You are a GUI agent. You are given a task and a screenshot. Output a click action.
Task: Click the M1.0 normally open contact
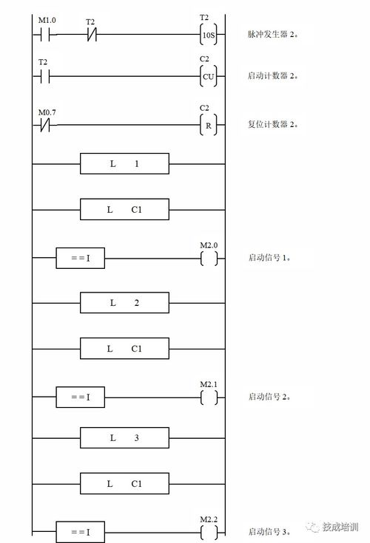tap(45, 35)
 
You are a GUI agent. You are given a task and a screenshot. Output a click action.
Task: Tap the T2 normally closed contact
tap(92, 35)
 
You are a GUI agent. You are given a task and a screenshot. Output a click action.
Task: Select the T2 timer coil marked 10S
tap(209, 35)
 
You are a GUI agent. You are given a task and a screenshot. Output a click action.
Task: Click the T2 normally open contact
tap(45, 76)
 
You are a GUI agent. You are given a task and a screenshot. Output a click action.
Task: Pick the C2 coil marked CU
tap(209, 76)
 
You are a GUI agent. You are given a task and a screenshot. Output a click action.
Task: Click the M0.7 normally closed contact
tap(45, 125)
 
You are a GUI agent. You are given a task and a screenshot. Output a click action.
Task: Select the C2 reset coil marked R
tap(209, 125)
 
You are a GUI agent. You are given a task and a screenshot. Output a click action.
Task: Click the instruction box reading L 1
tap(124, 163)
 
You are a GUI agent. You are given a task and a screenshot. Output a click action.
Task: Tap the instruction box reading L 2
tap(124, 303)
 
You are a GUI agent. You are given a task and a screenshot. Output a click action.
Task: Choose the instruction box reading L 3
tap(124, 437)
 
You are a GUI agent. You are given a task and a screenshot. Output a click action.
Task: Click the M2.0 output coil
tap(209, 259)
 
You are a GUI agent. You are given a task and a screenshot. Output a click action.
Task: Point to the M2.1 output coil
tap(209, 397)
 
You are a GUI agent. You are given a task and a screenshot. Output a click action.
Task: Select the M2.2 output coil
tap(209, 532)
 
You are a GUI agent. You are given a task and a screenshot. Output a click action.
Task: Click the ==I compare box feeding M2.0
tap(81, 258)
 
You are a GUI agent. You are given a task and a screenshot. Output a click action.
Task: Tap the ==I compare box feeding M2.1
tap(81, 397)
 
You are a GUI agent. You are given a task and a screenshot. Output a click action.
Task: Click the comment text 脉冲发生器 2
tap(273, 34)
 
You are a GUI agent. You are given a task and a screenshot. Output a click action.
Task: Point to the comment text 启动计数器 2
tap(273, 75)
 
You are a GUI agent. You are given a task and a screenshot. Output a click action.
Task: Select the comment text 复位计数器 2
tap(273, 124)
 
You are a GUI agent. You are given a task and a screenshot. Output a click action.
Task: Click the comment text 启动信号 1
tap(269, 257)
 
